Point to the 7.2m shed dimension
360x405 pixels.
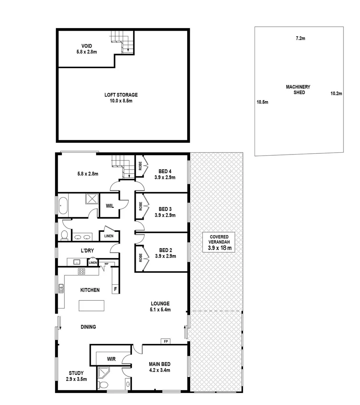tap(300, 39)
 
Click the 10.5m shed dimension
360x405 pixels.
tap(262, 102)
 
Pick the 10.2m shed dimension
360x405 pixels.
tap(336, 94)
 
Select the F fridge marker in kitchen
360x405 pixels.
tap(115, 289)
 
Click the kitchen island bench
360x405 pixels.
tap(91, 306)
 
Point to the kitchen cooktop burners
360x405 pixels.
tap(81, 271)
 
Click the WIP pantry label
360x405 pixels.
tap(106, 264)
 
